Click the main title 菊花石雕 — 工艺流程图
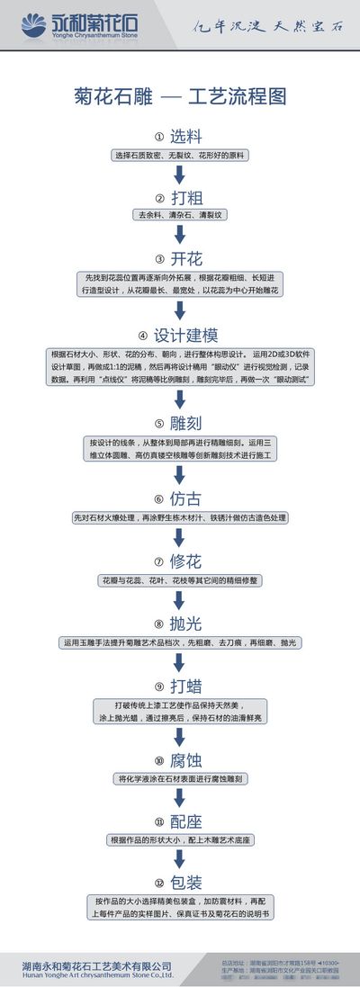[x=180, y=96]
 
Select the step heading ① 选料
[x=179, y=137]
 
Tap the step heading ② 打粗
[x=179, y=198]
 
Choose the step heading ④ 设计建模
[x=179, y=336]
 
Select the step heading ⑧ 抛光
[x=179, y=624]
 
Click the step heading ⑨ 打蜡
[x=179, y=686]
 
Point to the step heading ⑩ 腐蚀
[x=179, y=759]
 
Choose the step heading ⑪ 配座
[x=179, y=821]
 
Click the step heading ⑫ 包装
[x=179, y=883]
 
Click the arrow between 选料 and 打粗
[x=180, y=175]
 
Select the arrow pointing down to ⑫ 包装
[x=180, y=860]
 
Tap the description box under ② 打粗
[x=180, y=216]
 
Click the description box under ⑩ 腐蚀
[x=180, y=778]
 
